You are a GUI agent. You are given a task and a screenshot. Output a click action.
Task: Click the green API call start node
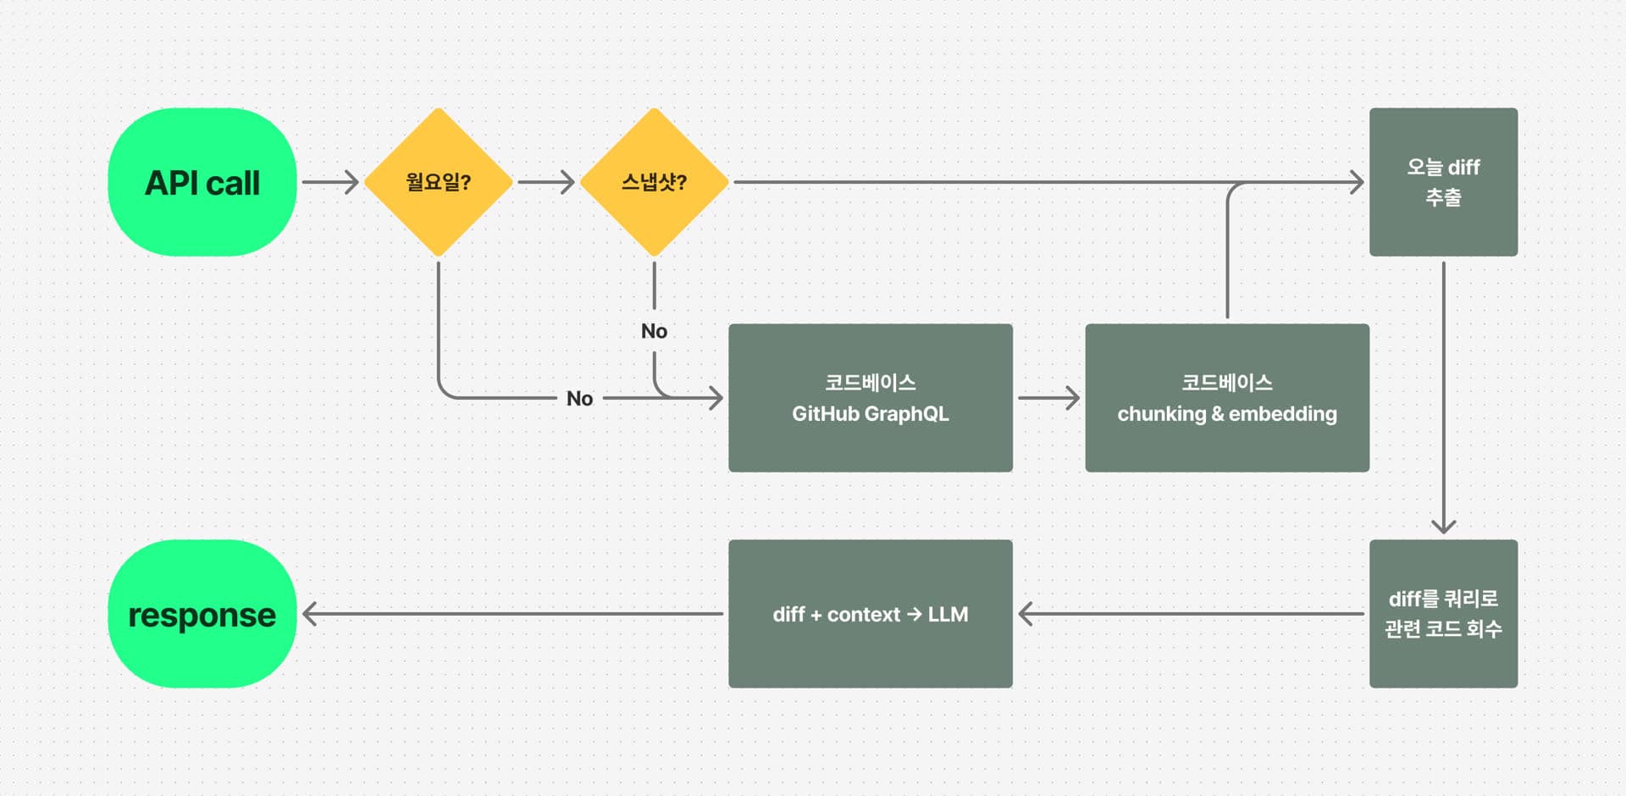pyautogui.click(x=202, y=182)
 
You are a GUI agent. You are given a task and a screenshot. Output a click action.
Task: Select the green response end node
pyautogui.click(x=202, y=614)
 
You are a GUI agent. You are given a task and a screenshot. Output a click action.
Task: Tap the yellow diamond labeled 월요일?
pyautogui.click(x=438, y=182)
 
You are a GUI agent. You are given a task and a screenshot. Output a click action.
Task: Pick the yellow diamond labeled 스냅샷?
pyautogui.click(x=654, y=182)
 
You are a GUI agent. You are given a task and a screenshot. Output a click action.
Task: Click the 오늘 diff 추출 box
pyautogui.click(x=1443, y=182)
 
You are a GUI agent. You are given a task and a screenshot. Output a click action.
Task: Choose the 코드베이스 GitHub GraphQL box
pyautogui.click(x=870, y=397)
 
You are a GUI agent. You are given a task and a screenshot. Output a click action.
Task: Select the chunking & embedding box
pyautogui.click(x=1226, y=397)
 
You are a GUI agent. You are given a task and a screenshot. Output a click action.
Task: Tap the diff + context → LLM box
pyautogui.click(x=870, y=614)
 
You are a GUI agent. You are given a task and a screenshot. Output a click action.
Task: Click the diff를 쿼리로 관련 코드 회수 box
pyautogui.click(x=1443, y=614)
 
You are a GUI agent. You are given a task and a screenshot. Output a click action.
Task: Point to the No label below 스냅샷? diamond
pyautogui.click(x=654, y=331)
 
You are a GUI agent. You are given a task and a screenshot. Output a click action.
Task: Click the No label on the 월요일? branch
pyautogui.click(x=579, y=398)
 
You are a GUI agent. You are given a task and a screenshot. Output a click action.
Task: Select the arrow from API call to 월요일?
pyautogui.click(x=330, y=182)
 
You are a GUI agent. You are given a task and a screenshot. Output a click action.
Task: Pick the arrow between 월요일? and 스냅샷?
pyautogui.click(x=546, y=182)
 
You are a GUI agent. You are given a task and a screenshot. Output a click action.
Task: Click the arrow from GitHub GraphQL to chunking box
pyautogui.click(x=1048, y=397)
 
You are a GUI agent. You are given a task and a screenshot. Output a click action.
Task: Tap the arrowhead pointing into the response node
pyautogui.click(x=310, y=614)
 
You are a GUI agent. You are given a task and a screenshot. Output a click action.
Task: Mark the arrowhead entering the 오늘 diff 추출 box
pyautogui.click(x=1357, y=182)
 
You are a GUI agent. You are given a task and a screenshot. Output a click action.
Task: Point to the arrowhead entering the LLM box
pyautogui.click(x=1026, y=614)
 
